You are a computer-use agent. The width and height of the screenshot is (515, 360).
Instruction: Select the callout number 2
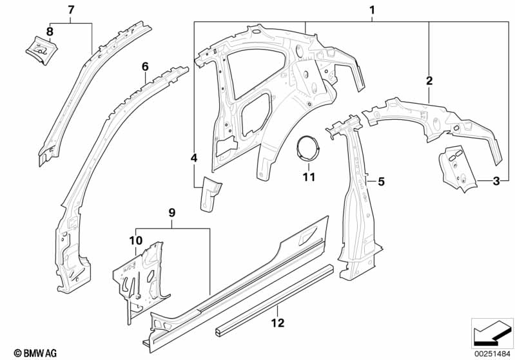click(429, 81)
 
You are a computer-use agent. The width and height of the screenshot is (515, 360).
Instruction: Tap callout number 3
click(496, 182)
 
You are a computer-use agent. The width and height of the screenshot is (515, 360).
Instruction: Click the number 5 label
click(381, 182)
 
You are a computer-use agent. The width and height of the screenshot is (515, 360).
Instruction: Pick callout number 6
click(145, 66)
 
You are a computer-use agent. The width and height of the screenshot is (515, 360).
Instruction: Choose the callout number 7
click(71, 9)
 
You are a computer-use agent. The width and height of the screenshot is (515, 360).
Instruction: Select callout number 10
click(135, 240)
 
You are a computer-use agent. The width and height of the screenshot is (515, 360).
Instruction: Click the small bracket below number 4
click(210, 193)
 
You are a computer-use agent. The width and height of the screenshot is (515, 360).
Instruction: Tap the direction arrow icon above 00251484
click(491, 332)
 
